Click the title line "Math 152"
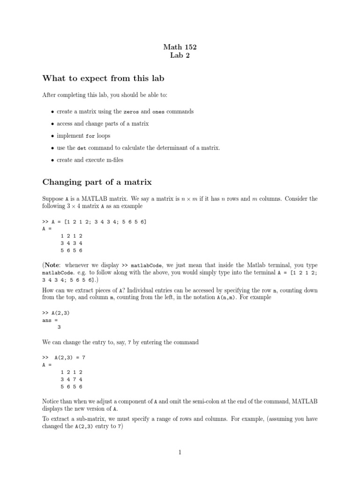point(180,47)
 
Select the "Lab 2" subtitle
point(180,56)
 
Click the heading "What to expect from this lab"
point(103,78)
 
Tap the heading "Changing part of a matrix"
point(97,182)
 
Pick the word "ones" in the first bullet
point(159,112)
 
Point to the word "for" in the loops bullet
point(91,136)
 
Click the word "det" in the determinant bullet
point(82,148)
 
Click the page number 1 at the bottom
point(180,452)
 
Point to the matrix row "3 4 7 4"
point(71,379)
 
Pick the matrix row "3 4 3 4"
point(71,243)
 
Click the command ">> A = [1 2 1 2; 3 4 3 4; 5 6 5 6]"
point(94,222)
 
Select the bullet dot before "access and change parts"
point(52,124)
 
